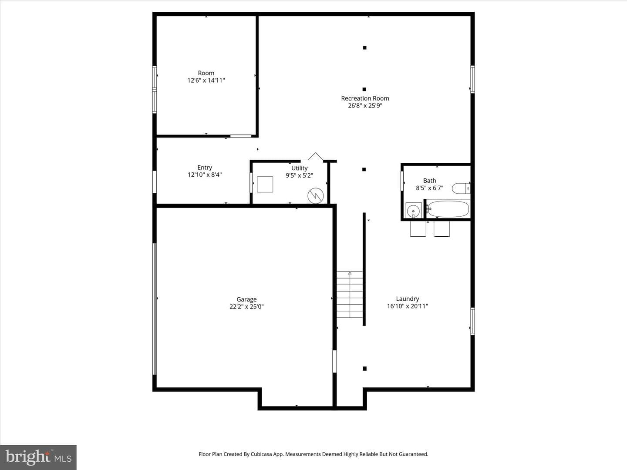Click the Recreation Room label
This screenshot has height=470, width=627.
point(365,98)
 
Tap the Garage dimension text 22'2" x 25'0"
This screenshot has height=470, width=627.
point(246,307)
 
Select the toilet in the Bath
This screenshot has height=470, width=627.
point(461,188)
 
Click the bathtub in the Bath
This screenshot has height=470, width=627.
point(448,209)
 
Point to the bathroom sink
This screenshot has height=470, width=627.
point(413,211)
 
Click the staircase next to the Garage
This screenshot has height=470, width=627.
point(350,295)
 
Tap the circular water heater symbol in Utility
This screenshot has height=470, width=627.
point(315,195)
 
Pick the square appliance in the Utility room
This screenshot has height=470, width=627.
point(265,185)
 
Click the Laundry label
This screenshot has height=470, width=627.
point(408,299)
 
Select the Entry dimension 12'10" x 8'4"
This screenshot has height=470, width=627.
point(205,175)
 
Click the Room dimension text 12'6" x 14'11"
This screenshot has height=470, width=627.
point(206,81)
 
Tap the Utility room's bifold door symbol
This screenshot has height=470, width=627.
point(315,157)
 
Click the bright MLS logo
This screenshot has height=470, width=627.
point(38,457)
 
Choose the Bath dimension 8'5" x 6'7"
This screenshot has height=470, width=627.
point(429,188)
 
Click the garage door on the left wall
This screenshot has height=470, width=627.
point(155,309)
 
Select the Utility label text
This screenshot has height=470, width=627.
point(300,168)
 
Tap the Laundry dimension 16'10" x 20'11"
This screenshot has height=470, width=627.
point(408,306)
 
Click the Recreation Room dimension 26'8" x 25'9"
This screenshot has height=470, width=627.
point(365,106)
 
